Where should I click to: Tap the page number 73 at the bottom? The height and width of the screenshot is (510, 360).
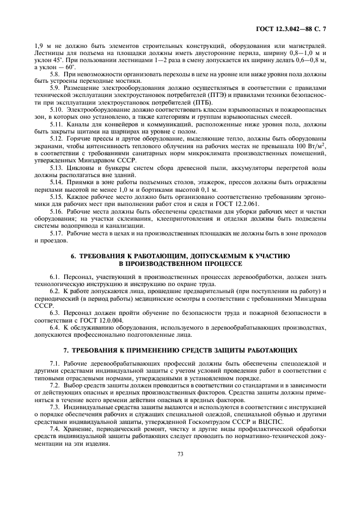tap(180, 452)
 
